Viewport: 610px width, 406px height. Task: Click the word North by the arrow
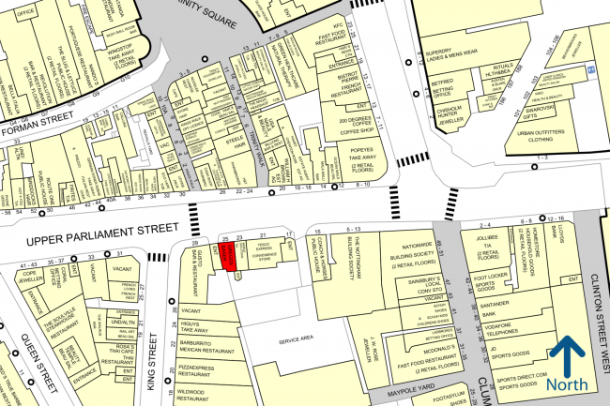point(567,385)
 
